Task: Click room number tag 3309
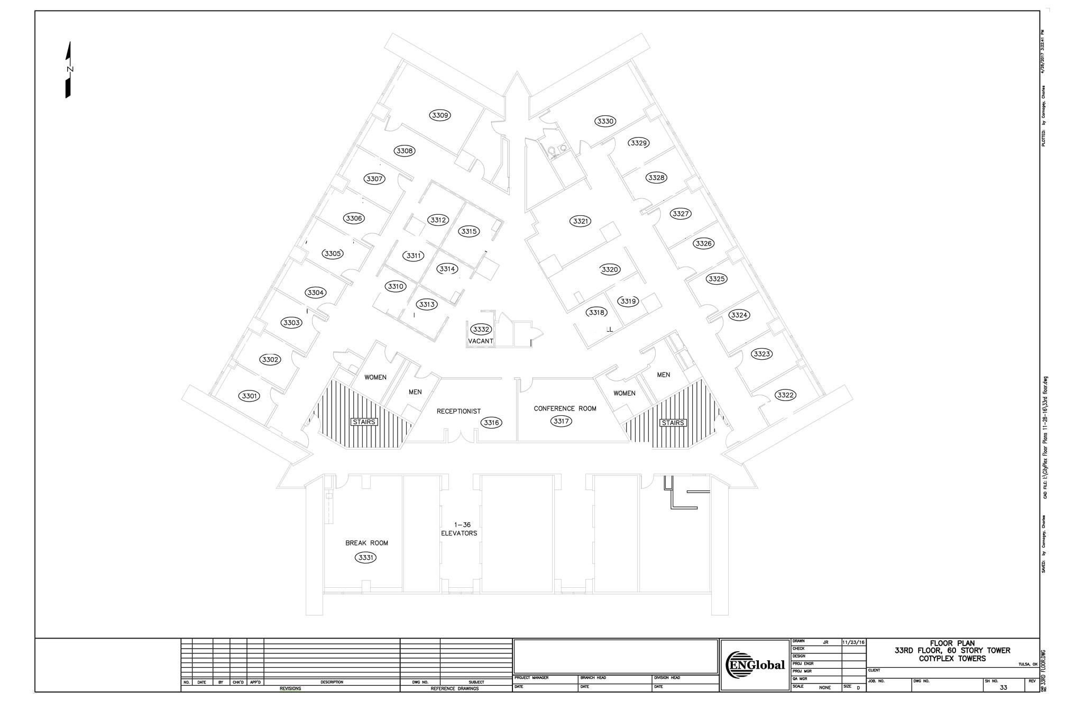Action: [x=440, y=115]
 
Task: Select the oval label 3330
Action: [x=605, y=121]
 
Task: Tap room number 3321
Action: [x=581, y=221]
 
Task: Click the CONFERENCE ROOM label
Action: [x=565, y=408]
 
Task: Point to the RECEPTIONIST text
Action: [x=458, y=411]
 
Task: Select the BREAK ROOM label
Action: [x=366, y=543]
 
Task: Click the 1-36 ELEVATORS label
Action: [x=459, y=529]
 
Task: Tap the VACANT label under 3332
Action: [x=481, y=341]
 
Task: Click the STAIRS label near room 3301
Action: [x=364, y=422]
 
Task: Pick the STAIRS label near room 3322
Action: [x=673, y=423]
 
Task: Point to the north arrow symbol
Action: [x=69, y=70]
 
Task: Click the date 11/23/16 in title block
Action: [x=853, y=642]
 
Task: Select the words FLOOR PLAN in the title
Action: [x=952, y=643]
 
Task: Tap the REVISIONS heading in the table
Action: [x=290, y=688]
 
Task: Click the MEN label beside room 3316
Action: [x=415, y=392]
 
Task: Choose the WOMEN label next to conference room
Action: [x=624, y=393]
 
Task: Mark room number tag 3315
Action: [x=469, y=231]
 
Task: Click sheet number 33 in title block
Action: [x=1003, y=687]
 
